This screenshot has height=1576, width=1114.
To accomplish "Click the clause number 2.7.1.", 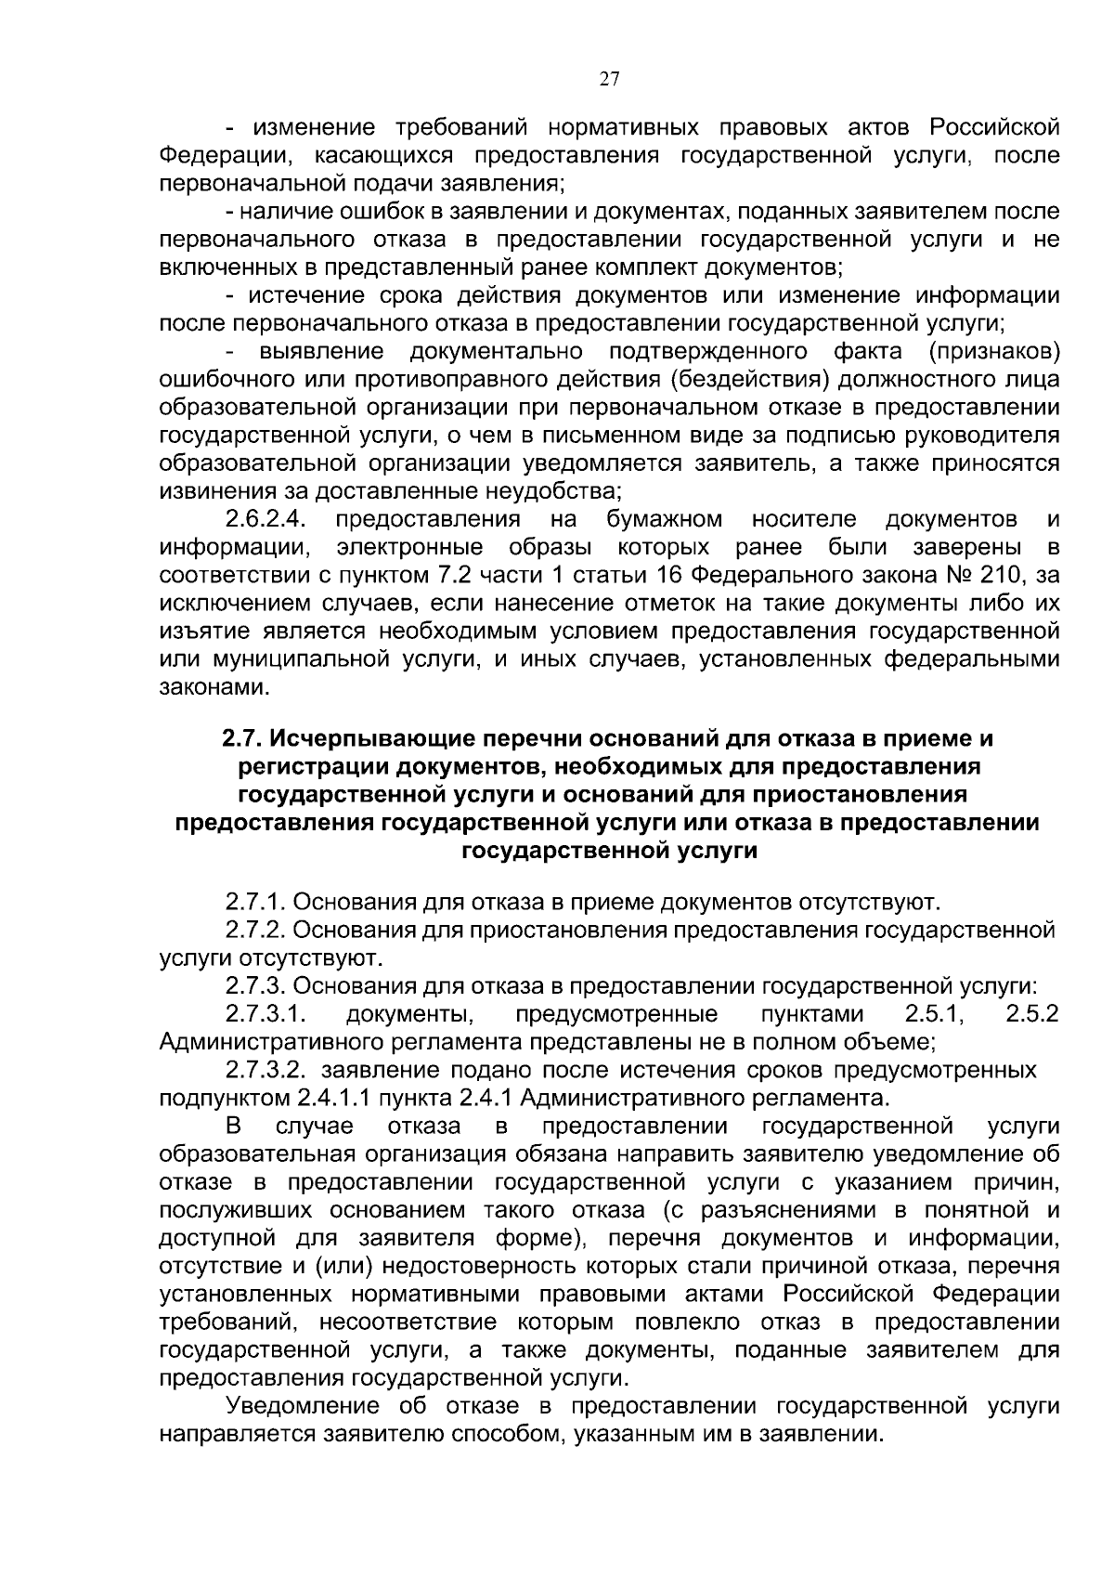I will click(256, 902).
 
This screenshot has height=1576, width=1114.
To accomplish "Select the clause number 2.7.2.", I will click(256, 930).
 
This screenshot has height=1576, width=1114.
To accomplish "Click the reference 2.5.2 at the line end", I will click(1031, 1013).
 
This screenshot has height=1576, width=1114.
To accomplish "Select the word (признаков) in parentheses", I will click(992, 352).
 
